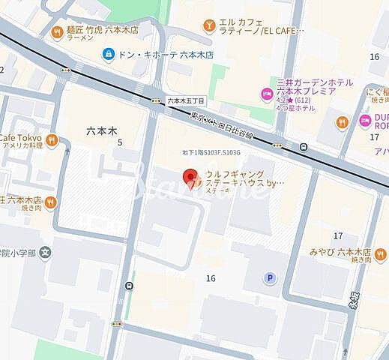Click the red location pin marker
190,177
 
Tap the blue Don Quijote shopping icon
109,55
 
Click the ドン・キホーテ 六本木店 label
157,55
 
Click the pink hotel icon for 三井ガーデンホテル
265,94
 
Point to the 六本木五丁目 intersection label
185,100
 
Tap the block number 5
119,142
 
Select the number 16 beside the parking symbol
211,278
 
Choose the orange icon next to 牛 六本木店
49,201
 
